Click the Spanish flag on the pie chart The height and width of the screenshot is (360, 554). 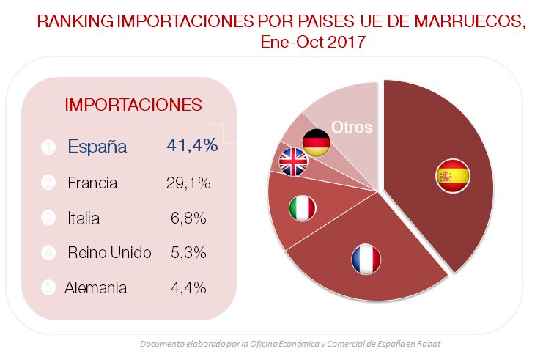click(x=452, y=176)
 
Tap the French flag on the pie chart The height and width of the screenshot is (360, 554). click(x=366, y=260)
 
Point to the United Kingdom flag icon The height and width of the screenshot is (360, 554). click(x=295, y=162)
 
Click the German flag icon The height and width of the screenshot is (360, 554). click(x=317, y=143)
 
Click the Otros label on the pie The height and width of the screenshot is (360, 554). click(x=352, y=127)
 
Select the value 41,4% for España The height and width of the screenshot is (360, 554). click(x=192, y=145)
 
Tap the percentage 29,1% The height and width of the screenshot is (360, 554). click(x=188, y=183)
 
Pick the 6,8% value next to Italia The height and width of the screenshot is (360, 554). click(x=188, y=218)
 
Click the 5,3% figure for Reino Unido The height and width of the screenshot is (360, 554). click(x=188, y=253)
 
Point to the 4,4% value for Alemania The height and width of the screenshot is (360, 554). click(x=188, y=287)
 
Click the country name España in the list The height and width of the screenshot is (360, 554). click(x=97, y=146)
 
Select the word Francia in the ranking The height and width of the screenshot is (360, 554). click(x=92, y=183)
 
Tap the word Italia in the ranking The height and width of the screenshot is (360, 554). click(x=84, y=218)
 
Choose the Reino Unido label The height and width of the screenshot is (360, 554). click(x=109, y=253)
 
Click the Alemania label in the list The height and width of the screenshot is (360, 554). click(x=96, y=287)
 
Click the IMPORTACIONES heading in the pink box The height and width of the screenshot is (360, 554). click(x=133, y=104)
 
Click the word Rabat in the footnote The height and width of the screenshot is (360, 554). click(x=429, y=344)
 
